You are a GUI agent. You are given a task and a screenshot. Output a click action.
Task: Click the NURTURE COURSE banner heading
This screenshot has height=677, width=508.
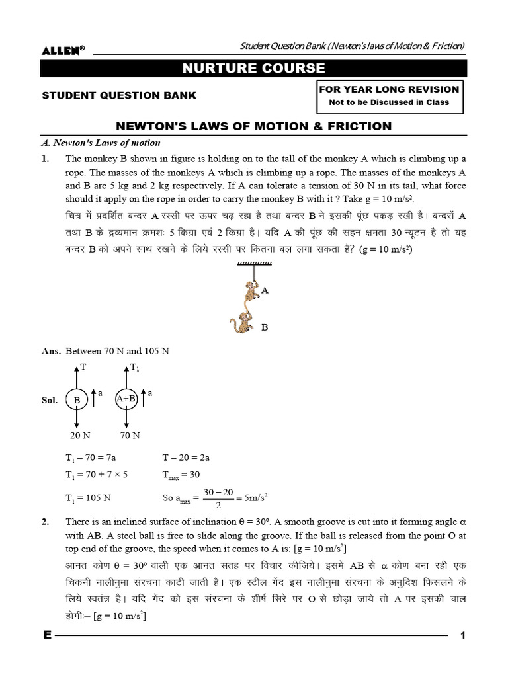click(253, 68)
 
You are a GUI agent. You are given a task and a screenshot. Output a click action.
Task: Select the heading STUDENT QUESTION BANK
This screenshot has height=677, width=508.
click(119, 95)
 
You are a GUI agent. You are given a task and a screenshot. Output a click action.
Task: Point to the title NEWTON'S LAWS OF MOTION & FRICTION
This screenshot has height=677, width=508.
click(254, 126)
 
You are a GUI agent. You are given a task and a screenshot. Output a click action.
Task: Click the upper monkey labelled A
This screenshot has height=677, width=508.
click(250, 292)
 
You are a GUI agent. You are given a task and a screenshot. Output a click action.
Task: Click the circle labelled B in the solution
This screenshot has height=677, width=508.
click(77, 400)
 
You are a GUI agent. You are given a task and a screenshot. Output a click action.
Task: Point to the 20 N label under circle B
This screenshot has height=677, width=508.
click(79, 435)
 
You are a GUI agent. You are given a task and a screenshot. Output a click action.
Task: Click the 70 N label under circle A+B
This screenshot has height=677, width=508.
click(130, 435)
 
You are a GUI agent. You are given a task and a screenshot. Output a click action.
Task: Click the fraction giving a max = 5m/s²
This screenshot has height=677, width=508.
click(218, 497)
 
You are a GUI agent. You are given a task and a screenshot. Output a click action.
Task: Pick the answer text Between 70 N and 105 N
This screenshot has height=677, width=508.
click(117, 351)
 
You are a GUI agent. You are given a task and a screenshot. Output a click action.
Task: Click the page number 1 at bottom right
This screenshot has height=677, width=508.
click(463, 635)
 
